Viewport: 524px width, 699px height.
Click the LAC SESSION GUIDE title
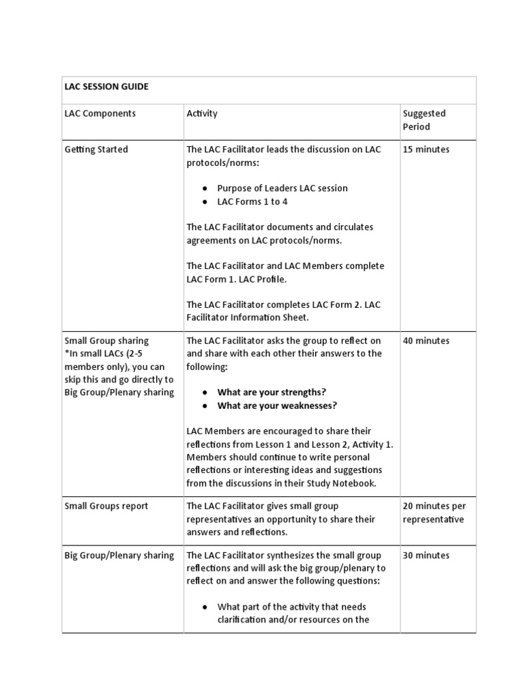click(106, 87)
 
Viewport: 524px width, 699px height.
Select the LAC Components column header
click(100, 113)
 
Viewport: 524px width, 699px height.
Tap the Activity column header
click(202, 113)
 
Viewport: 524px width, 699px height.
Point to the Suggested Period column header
click(424, 120)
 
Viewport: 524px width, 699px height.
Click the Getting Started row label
click(96, 149)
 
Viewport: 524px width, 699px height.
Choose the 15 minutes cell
click(426, 149)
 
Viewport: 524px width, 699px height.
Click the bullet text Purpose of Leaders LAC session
click(282, 188)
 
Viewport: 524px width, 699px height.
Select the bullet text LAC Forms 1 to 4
click(252, 201)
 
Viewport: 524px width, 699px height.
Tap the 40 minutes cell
click(426, 341)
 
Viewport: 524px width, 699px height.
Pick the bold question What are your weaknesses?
click(277, 405)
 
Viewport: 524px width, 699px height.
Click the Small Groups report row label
click(106, 506)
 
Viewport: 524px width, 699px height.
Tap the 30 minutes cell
click(426, 555)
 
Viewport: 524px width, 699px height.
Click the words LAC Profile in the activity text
click(259, 279)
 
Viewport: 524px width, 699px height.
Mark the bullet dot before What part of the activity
click(205, 607)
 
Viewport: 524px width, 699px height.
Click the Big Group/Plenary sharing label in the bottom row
click(119, 555)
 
